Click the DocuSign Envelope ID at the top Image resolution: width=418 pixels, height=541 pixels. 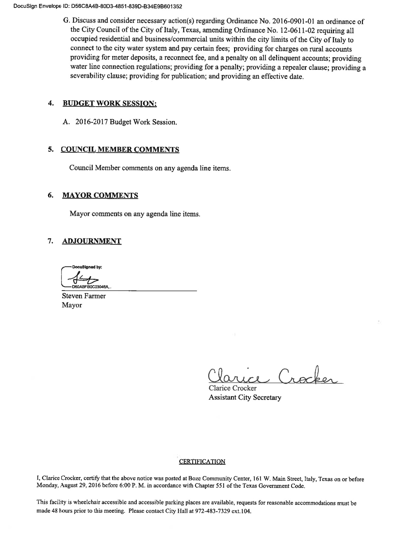[93, 6]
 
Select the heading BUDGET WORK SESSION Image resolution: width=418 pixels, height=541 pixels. [109, 104]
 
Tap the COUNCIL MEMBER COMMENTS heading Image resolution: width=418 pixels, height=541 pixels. [120, 150]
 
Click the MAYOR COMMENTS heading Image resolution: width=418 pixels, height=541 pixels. [100, 196]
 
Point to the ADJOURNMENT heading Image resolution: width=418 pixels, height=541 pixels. [91, 241]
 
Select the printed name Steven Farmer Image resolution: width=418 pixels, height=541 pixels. [84, 296]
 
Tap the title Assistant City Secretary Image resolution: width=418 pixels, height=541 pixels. [245, 398]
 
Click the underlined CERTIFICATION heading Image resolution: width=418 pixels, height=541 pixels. [202, 462]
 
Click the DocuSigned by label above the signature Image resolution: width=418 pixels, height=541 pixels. [87, 267]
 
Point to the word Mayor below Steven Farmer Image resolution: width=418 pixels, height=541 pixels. [72, 305]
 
